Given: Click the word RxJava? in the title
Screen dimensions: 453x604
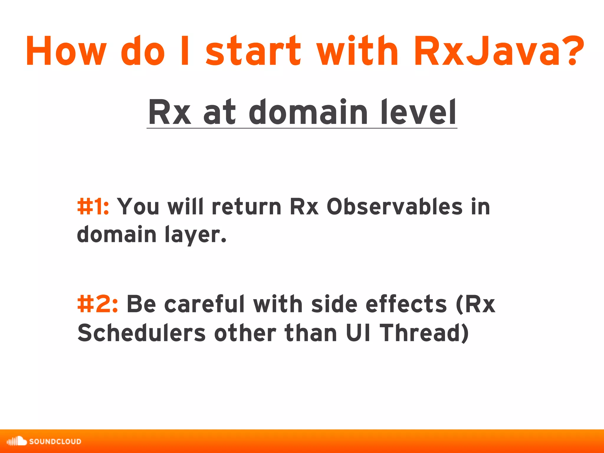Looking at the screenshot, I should point(498,51).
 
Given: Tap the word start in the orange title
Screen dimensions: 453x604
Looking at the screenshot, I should point(253,51).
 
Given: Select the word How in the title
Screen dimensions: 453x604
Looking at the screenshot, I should point(65,51).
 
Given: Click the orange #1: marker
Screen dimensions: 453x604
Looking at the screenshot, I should point(93,206).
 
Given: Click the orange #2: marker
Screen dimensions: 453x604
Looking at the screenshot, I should point(98,304).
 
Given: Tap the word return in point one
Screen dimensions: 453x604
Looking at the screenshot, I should point(247,206).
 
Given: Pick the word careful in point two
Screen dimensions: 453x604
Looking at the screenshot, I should point(204,304).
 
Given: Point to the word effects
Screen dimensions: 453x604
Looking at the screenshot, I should point(406,304).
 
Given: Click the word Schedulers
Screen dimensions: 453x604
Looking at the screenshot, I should point(141,333).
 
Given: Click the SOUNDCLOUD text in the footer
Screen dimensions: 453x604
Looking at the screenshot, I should point(55,441).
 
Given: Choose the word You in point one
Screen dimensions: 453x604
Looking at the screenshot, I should point(138,206).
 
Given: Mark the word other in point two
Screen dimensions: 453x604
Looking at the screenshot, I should point(245,333).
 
